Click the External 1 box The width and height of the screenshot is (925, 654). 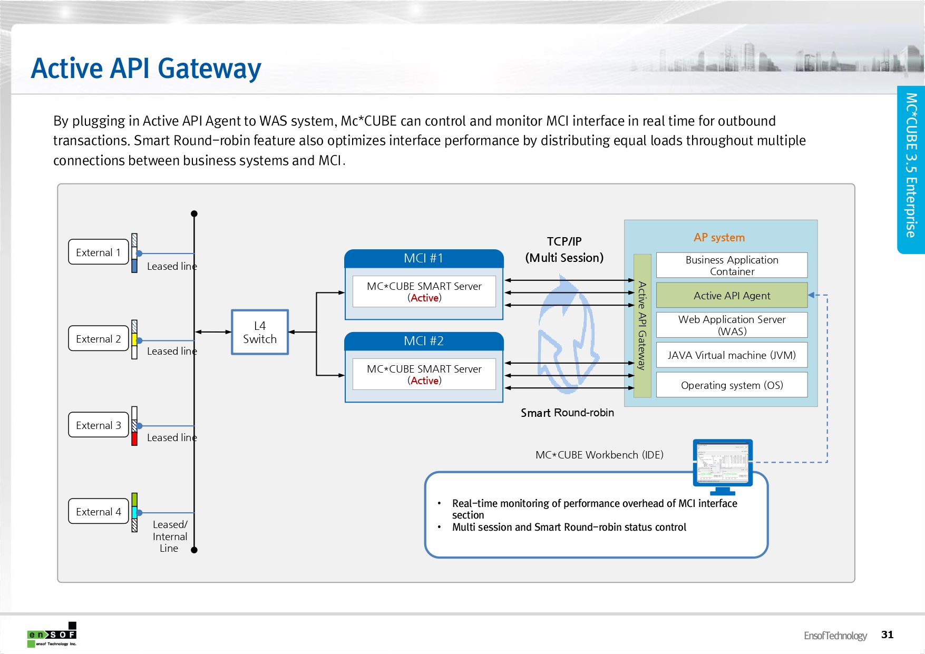click(99, 252)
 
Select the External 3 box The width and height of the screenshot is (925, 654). click(99, 425)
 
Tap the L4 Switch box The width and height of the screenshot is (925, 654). click(260, 332)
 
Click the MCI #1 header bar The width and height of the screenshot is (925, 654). click(424, 258)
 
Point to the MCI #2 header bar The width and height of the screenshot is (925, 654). click(424, 341)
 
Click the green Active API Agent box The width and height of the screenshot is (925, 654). click(732, 296)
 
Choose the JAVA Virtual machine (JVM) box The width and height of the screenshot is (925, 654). click(732, 355)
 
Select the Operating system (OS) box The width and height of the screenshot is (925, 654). click(732, 385)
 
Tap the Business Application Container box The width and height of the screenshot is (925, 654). click(732, 266)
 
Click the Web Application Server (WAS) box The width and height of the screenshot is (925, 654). click(732, 325)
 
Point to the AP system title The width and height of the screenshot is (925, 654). click(719, 238)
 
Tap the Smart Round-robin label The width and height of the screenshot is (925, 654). click(567, 413)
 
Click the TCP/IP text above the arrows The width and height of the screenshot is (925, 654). click(564, 241)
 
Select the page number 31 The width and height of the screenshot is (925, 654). click(887, 635)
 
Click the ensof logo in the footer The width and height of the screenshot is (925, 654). click(52, 635)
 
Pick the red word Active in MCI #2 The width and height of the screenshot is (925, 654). click(424, 380)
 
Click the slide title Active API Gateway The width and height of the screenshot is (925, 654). click(146, 69)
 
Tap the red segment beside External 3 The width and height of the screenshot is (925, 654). click(134, 438)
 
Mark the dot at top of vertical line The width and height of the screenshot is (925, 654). click(194, 213)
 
